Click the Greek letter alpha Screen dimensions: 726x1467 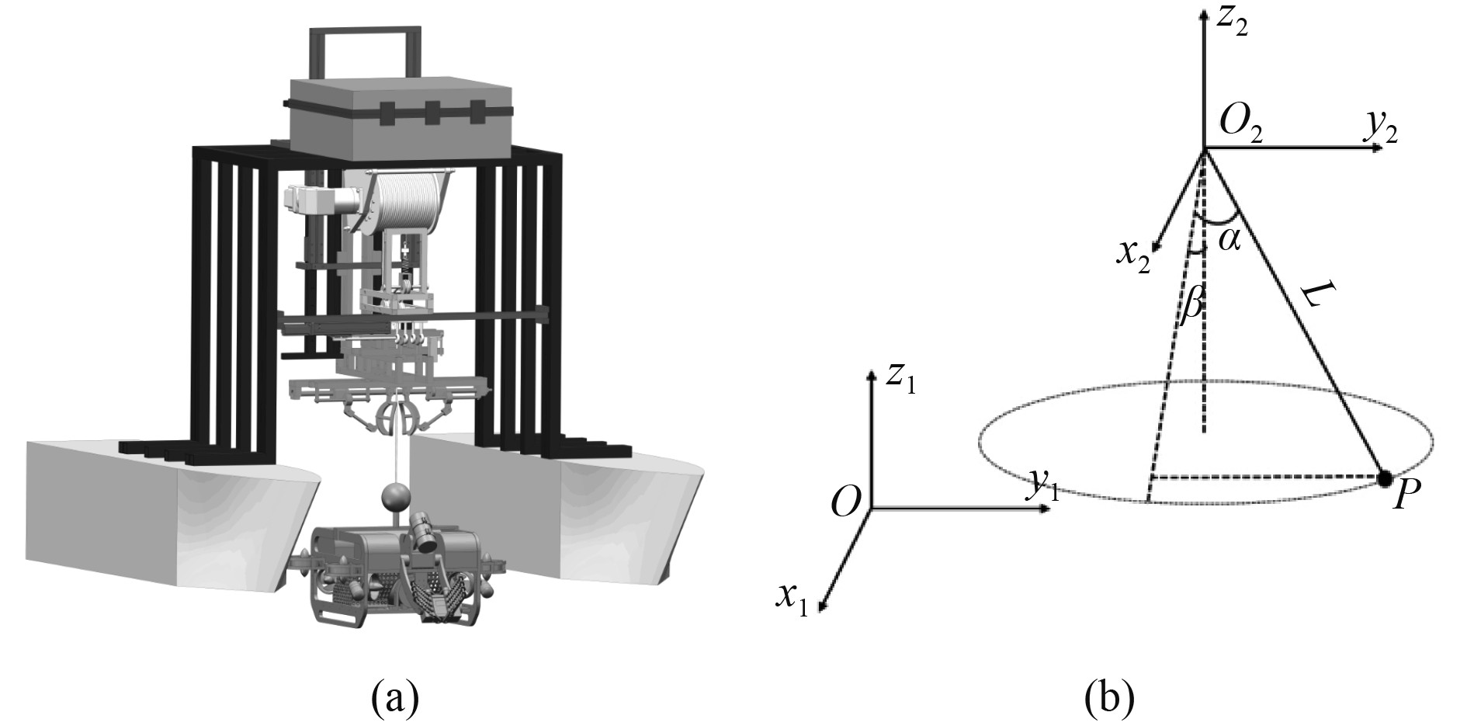coord(1229,240)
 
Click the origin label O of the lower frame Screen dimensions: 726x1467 coord(846,503)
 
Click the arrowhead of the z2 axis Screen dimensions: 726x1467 coord(1203,14)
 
